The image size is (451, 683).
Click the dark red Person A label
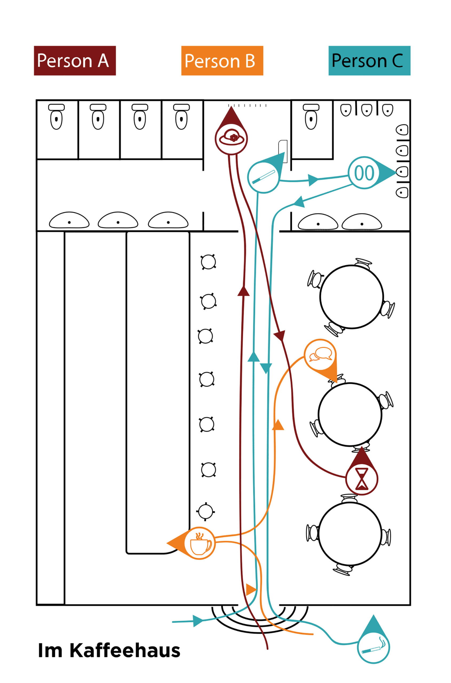[75, 61]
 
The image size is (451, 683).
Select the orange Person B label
[222, 61]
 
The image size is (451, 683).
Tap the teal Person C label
[369, 61]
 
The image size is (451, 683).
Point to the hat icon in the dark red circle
[232, 139]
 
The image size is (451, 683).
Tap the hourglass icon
[362, 479]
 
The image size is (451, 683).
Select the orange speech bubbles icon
[320, 354]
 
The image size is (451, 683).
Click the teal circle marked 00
[364, 173]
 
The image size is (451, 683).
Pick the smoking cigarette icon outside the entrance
[373, 648]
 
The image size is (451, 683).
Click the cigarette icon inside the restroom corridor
[263, 177]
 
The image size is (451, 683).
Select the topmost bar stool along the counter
[208, 262]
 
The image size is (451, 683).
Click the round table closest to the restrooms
[351, 297]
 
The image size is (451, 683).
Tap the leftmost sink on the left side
[69, 221]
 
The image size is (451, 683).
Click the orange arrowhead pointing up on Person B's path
[278, 425]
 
